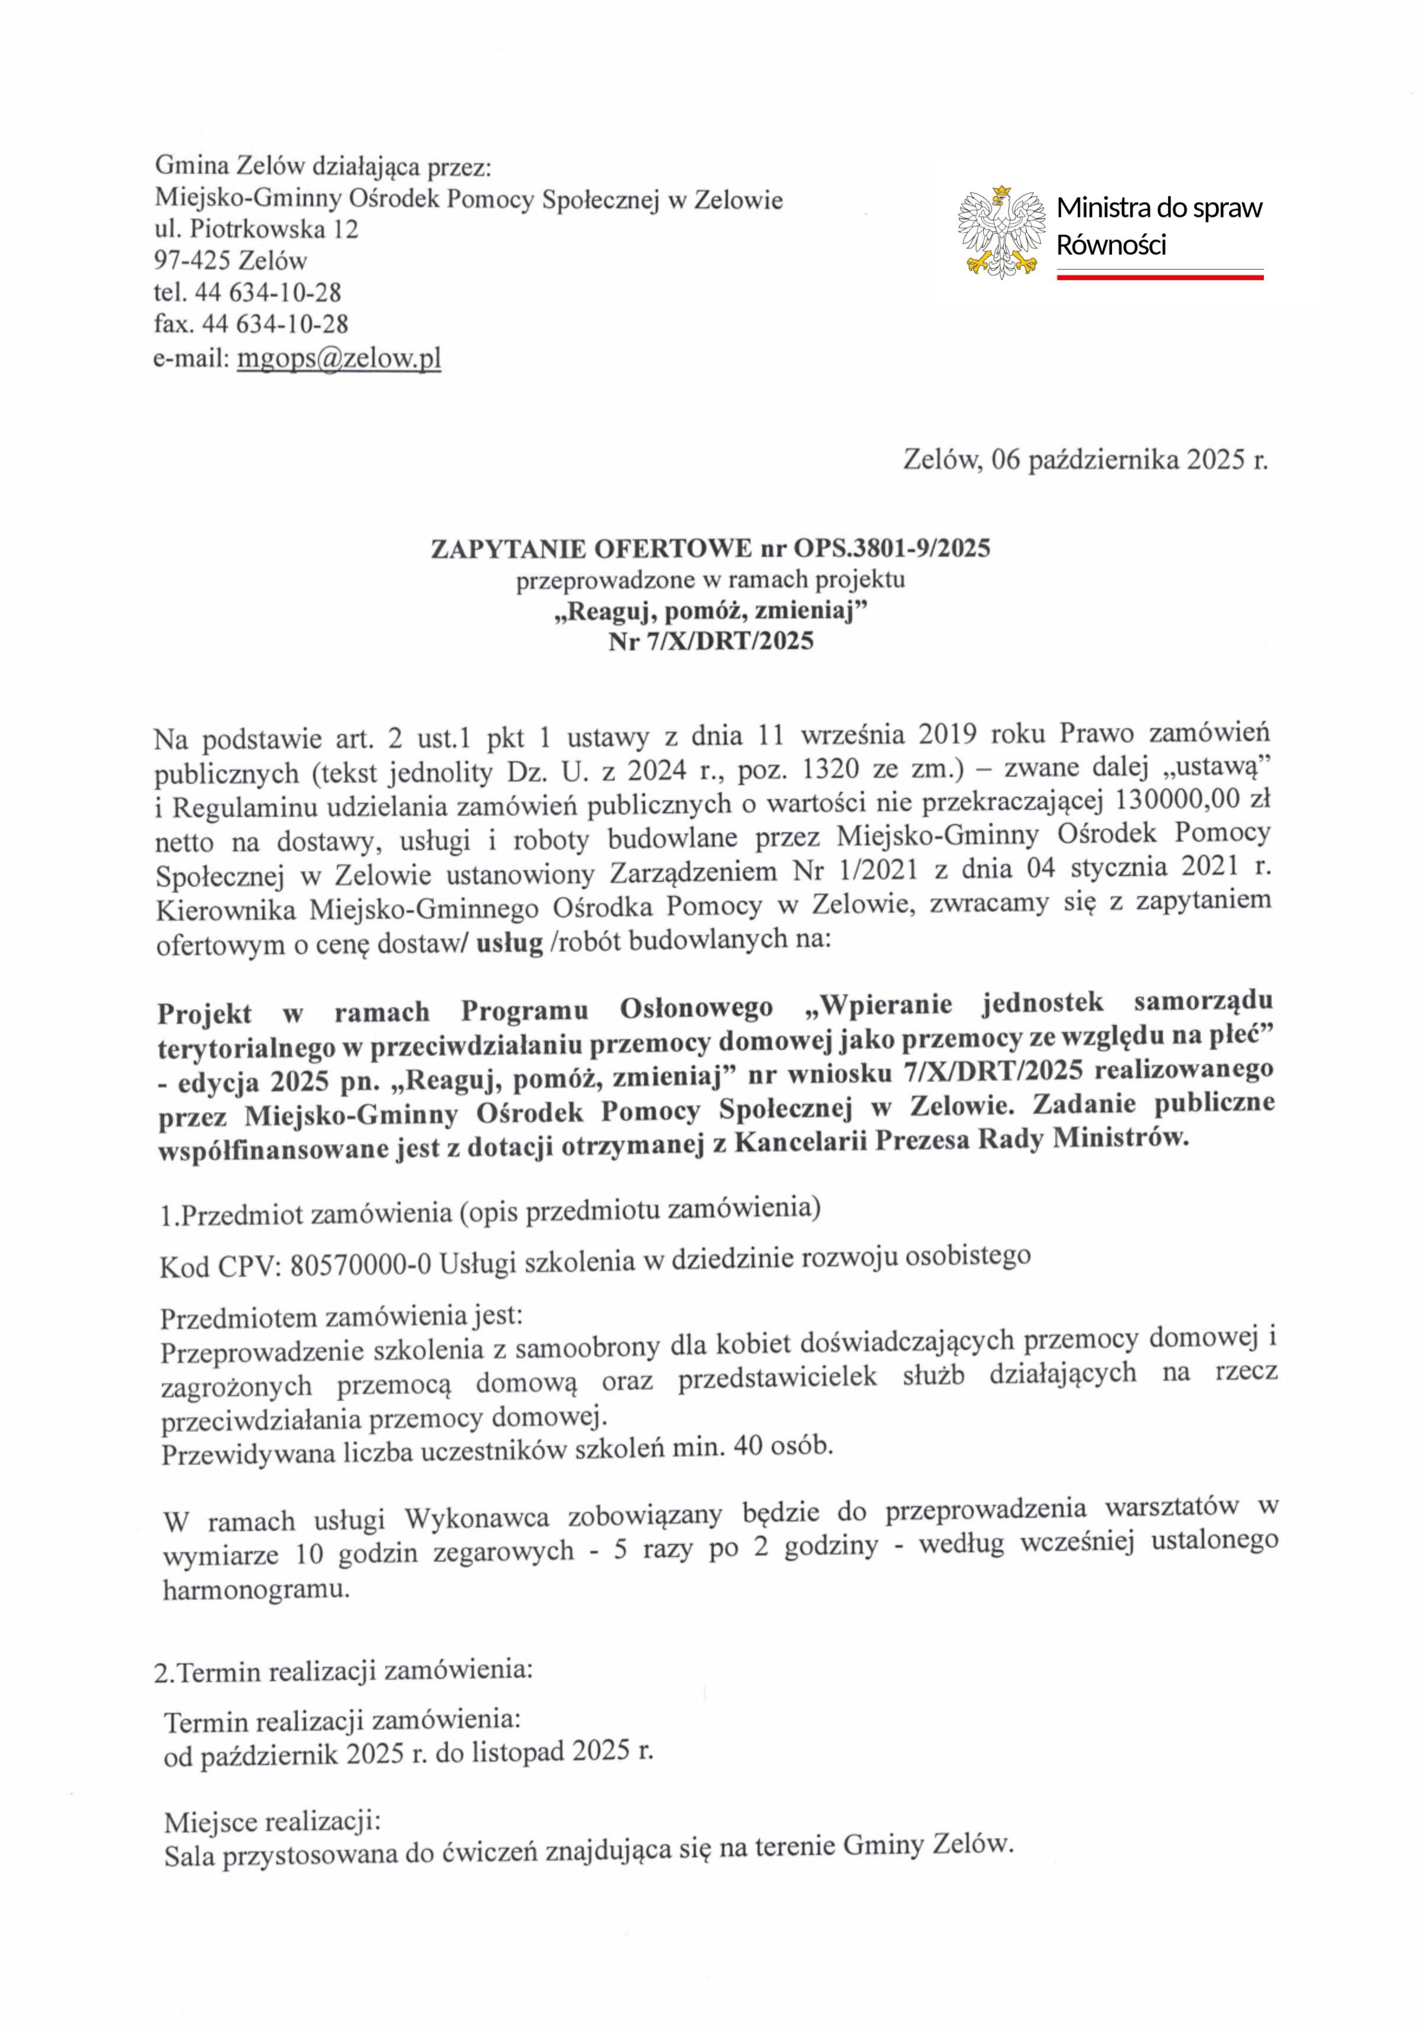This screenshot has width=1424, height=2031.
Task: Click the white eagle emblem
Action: pos(1001,232)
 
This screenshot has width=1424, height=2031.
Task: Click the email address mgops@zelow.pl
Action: pos(339,358)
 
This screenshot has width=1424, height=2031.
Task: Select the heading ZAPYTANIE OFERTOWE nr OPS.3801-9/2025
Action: pos(710,549)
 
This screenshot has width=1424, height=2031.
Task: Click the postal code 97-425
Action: pos(192,261)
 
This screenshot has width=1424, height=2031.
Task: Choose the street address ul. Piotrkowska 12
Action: pos(256,229)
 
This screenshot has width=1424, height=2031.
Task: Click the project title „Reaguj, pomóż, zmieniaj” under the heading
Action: pos(710,611)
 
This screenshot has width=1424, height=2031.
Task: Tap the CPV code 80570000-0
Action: pos(360,1266)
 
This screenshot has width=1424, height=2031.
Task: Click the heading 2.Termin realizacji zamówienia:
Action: pos(343,1672)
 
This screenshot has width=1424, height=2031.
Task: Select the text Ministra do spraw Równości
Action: pos(1159,226)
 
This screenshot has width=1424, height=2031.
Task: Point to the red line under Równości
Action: pos(1159,277)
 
